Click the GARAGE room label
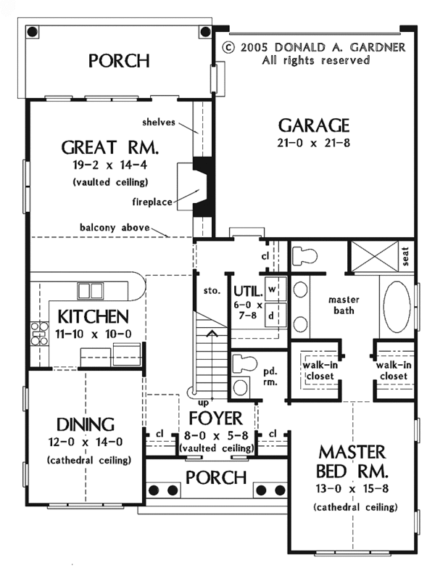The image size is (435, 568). (314, 125)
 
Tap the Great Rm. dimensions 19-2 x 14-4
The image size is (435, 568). (110, 165)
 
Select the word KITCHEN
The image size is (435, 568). (93, 316)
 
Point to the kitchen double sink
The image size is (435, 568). (90, 291)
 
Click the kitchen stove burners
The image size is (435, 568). (39, 333)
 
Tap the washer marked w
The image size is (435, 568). (275, 289)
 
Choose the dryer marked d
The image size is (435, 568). (275, 315)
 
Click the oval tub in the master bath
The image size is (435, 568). (397, 307)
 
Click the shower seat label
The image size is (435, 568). (406, 256)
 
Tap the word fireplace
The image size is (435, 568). (152, 202)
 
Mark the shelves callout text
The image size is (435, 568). (159, 122)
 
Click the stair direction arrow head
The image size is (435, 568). (212, 333)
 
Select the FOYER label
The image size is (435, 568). (216, 419)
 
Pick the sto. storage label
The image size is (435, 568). (212, 290)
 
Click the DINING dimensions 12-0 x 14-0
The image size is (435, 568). (86, 442)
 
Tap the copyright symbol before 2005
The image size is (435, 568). (228, 47)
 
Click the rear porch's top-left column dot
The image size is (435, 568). (32, 31)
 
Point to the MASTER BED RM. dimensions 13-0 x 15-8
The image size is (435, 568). (352, 489)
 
